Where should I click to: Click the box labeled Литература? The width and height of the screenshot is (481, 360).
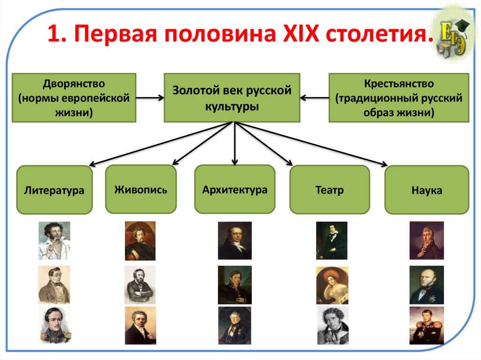(x=54, y=190)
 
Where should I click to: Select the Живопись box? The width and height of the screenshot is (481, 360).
(x=140, y=190)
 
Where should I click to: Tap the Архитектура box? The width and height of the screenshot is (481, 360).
(x=235, y=190)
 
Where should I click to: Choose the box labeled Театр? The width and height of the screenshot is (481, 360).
(x=329, y=190)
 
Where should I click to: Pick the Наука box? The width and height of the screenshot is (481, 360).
(x=427, y=191)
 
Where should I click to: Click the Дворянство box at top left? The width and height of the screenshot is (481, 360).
(x=74, y=98)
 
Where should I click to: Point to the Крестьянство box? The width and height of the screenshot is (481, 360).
(x=398, y=98)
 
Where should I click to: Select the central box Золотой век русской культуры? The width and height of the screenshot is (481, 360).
(x=232, y=98)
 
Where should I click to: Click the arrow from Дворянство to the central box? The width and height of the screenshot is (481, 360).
(x=150, y=98)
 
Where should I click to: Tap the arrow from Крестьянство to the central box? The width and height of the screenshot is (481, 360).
(x=314, y=98)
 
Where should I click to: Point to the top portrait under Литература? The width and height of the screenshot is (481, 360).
(x=54, y=240)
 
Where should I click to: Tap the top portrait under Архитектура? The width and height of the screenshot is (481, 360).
(x=234, y=240)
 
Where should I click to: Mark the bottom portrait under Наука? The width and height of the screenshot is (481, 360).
(x=427, y=325)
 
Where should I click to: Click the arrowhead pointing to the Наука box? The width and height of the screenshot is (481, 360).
(x=385, y=165)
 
